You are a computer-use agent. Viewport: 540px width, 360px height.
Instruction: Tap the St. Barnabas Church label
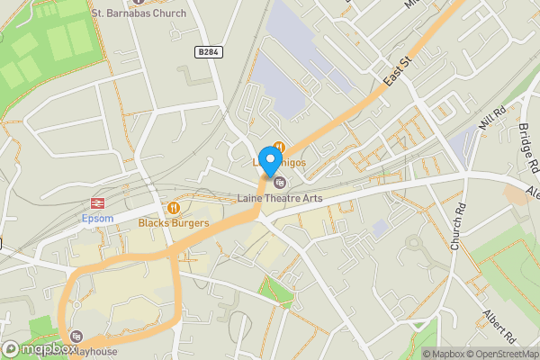(140, 13)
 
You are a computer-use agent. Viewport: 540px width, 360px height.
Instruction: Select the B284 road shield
(208, 53)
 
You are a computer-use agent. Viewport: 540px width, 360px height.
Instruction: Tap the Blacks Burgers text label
(174, 222)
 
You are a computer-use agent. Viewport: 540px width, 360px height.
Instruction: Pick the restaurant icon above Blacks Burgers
(174, 207)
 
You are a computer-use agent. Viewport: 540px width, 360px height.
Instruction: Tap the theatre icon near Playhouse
(75, 335)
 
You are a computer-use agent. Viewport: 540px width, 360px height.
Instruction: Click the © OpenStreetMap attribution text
(498, 354)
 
